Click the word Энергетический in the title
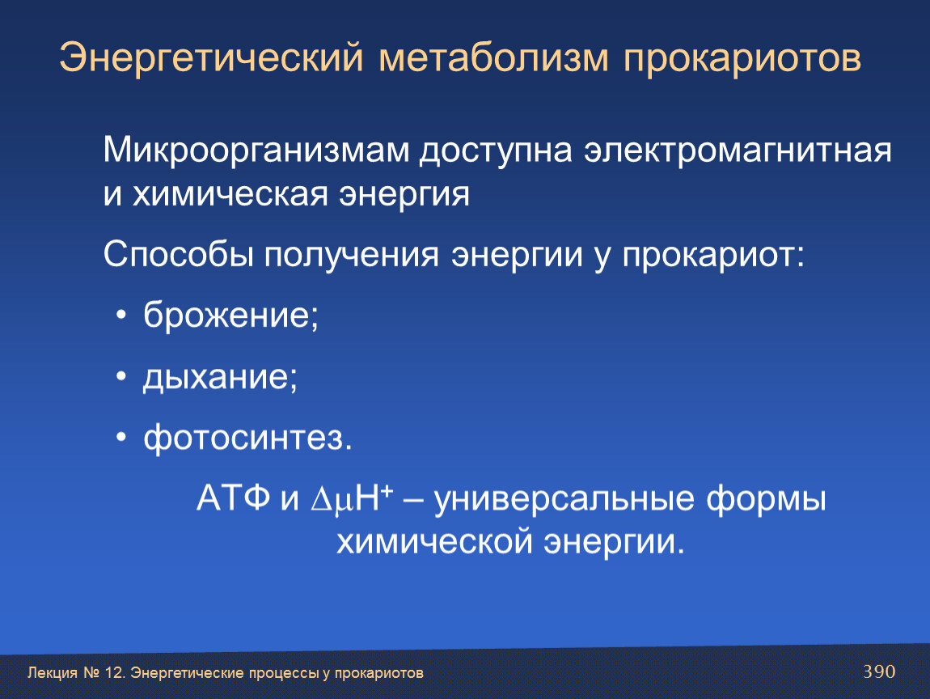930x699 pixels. [x=211, y=58]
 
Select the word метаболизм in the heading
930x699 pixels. [x=494, y=58]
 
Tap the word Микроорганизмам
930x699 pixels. [x=256, y=150]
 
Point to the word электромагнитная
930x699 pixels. [x=738, y=150]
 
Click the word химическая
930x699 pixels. [x=230, y=194]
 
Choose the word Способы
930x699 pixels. [x=178, y=255]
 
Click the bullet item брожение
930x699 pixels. [x=230, y=315]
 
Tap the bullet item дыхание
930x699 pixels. [x=220, y=377]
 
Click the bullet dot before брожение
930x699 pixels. [x=121, y=315]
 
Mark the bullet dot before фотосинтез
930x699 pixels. [x=121, y=438]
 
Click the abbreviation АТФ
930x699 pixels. [x=233, y=498]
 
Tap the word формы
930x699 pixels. [x=767, y=498]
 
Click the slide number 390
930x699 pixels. [x=879, y=671]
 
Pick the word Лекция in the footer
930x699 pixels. [x=53, y=673]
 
